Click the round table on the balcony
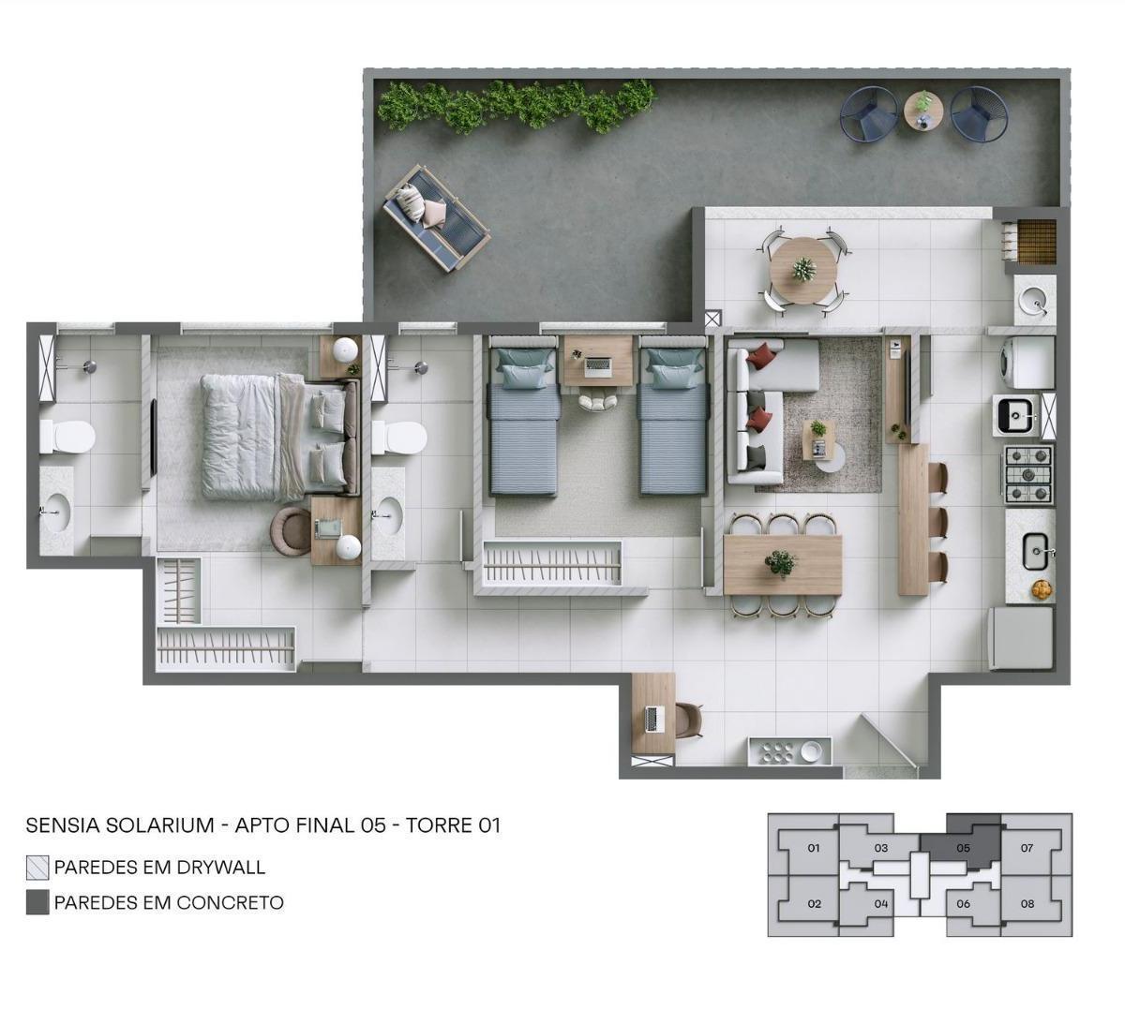[804, 270]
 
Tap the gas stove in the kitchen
[1027, 475]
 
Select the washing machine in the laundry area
[1027, 362]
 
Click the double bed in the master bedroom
[279, 435]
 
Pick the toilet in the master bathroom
[67, 437]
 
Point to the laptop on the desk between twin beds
[597, 365]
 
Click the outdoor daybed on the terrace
[437, 217]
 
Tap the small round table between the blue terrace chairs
[923, 111]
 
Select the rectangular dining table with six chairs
[782, 564]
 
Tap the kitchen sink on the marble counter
[1035, 552]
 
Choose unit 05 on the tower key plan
[963, 849]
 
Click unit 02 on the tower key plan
[814, 904]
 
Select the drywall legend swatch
[37, 868]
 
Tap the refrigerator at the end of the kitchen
[1021, 638]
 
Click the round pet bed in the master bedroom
[291, 530]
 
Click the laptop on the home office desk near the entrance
[654, 720]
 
